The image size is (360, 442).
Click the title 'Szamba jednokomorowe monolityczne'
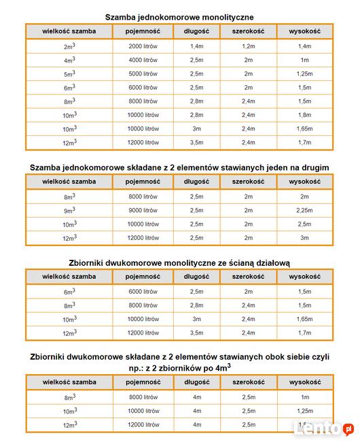pyautogui.click(x=179, y=16)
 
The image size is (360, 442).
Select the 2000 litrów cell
pyautogui.click(x=143, y=46)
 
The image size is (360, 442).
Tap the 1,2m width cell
pyautogui.click(x=248, y=46)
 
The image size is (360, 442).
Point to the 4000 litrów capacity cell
pyautogui.click(x=143, y=60)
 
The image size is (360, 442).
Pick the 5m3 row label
pyautogui.click(x=69, y=74)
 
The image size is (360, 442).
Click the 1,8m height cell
pyautogui.click(x=304, y=115)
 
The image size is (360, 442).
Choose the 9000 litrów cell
pyautogui.click(x=143, y=210)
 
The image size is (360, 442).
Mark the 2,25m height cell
pyautogui.click(x=304, y=210)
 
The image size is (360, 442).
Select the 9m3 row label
pyautogui.click(x=69, y=211)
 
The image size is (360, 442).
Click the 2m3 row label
pyautogui.click(x=69, y=46)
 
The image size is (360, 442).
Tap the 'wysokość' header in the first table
pyautogui.click(x=304, y=31)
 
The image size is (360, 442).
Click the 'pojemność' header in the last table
pyautogui.click(x=143, y=382)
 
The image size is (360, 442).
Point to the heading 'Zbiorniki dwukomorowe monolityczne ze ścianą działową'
pyautogui.click(x=179, y=262)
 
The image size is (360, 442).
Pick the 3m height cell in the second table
pyautogui.click(x=304, y=237)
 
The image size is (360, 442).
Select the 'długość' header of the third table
pyautogui.click(x=196, y=277)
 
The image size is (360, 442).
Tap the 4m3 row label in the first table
pyautogui.click(x=69, y=61)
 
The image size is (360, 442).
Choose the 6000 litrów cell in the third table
pyautogui.click(x=143, y=292)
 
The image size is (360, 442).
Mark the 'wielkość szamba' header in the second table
pyautogui.click(x=69, y=182)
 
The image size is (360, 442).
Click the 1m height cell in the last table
pyautogui.click(x=304, y=396)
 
